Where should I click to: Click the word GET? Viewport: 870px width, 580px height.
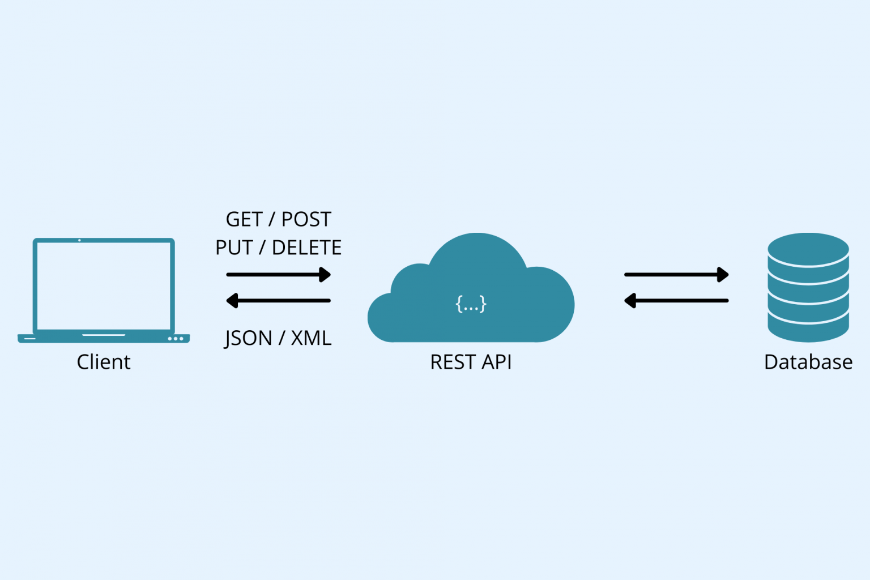244,220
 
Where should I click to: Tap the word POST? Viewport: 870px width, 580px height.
306,220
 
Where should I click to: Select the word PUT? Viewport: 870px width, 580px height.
234,248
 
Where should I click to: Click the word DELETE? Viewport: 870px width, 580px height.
306,248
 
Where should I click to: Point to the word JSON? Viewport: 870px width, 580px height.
248,339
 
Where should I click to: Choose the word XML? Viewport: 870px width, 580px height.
311,339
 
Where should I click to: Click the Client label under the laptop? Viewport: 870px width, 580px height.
104,362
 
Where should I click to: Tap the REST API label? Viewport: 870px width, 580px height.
471,362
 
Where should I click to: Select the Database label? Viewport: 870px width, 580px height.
808,362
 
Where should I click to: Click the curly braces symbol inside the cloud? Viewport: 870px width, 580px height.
471,304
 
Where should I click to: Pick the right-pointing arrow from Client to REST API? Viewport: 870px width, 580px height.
278,275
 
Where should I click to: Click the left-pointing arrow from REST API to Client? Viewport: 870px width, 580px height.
278,301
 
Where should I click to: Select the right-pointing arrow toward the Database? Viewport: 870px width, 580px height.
676,275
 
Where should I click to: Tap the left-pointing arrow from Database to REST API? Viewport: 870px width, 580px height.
676,301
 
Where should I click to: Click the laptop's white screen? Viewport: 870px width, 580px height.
104,285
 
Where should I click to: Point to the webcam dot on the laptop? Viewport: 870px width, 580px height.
79,240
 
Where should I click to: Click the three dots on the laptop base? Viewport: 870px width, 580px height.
176,339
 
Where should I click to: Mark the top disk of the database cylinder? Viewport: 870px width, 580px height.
808,248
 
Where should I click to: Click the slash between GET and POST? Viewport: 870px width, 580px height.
272,220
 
